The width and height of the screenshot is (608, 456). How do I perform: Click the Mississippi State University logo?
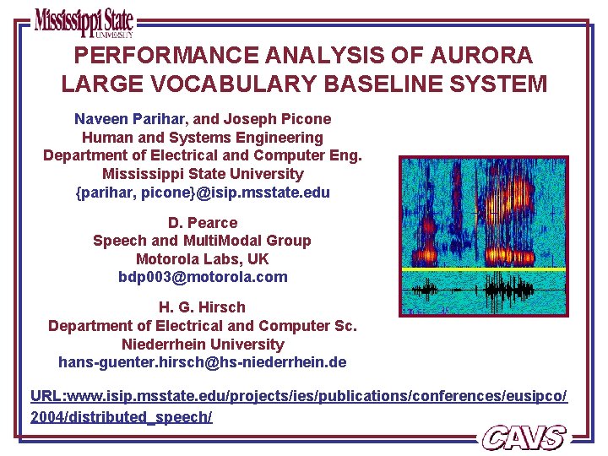pos(84,22)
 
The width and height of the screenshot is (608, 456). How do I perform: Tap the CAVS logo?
pos(524,437)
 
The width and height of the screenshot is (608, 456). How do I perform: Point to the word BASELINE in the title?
pos(383,84)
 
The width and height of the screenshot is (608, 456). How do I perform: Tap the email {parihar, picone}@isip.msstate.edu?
pos(203,193)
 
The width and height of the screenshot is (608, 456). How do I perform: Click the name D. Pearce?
pos(203,222)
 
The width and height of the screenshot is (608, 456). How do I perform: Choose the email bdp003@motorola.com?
pos(203,277)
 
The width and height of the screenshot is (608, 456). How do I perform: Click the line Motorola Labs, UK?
pos(203,259)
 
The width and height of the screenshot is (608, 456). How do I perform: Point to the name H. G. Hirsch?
pos(203,307)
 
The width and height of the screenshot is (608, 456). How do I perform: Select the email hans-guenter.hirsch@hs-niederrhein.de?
pos(203,362)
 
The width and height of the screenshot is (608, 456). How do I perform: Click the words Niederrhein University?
pos(203,345)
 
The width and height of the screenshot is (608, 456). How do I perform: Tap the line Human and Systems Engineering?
pos(203,137)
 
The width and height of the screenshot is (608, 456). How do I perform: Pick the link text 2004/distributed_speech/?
pos(121,418)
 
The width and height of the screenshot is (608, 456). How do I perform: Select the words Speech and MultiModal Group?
pos(203,241)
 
